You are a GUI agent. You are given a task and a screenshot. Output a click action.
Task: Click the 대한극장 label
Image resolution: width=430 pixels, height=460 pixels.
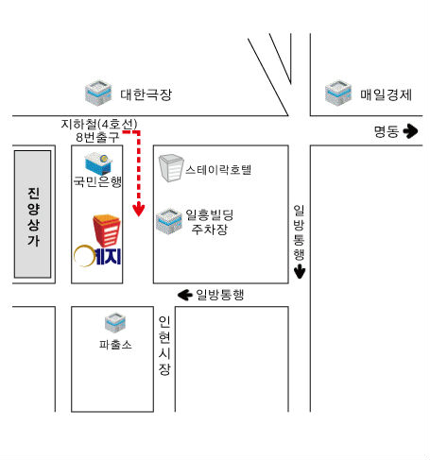click(146, 94)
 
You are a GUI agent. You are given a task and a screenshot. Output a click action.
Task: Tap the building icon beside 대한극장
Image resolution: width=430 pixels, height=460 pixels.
click(98, 93)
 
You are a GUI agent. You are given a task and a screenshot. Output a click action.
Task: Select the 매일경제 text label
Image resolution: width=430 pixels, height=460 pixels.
click(386, 94)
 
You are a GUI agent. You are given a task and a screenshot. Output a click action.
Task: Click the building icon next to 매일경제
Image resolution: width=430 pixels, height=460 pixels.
click(338, 93)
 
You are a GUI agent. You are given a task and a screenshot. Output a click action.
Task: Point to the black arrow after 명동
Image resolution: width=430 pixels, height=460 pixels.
click(410, 130)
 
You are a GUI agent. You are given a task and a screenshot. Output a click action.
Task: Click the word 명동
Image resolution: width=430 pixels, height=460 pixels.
click(387, 131)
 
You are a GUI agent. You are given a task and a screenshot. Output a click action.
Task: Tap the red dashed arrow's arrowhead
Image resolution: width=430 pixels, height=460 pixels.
click(139, 210)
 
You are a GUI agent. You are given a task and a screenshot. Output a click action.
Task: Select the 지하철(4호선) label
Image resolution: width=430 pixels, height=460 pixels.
click(99, 124)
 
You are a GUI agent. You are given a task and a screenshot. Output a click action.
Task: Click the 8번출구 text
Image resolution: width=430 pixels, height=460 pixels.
click(97, 137)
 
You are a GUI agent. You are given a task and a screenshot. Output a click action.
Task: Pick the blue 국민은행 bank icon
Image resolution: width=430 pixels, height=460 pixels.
click(98, 163)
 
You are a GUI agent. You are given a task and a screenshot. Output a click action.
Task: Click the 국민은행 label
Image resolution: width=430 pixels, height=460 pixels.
click(97, 181)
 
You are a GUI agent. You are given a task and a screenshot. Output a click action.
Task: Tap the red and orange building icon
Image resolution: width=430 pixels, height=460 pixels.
click(107, 230)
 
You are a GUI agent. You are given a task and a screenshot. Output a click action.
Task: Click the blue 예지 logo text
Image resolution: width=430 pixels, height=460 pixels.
click(108, 257)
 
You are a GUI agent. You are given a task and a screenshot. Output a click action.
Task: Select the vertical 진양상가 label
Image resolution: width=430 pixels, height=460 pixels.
click(33, 217)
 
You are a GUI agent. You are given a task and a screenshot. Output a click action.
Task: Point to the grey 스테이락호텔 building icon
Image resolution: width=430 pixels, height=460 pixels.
click(171, 168)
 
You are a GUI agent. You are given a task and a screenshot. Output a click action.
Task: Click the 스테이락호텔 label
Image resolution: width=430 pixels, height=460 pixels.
click(218, 170)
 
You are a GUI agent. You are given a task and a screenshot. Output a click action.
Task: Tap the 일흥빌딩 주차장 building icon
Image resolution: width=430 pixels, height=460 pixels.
click(169, 222)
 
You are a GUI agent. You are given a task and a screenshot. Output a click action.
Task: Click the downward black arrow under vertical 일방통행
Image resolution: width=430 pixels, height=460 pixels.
click(300, 271)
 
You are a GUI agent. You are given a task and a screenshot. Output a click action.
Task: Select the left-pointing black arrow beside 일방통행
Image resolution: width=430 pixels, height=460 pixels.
click(185, 295)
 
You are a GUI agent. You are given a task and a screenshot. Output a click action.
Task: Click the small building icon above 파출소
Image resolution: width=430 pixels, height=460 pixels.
click(115, 323)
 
